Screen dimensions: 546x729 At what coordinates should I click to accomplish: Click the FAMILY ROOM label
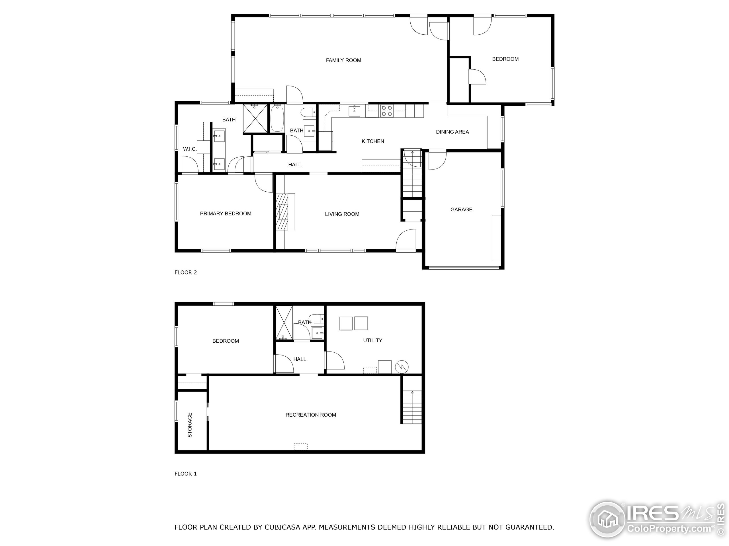(x=343, y=60)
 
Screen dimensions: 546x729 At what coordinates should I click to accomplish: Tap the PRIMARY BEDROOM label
(x=226, y=214)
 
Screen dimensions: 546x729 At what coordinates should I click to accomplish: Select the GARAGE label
(x=461, y=209)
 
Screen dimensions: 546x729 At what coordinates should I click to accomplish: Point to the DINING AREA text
(x=452, y=132)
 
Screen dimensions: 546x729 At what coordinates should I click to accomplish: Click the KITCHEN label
(x=373, y=141)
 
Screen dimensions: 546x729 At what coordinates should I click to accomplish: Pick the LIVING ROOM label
(x=342, y=214)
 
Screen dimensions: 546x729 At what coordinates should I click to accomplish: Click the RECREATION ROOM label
(x=310, y=415)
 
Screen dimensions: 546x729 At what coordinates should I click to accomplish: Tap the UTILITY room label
(x=372, y=340)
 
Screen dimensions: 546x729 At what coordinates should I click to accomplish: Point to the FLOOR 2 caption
(x=186, y=272)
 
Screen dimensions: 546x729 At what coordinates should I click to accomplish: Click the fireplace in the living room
(x=282, y=212)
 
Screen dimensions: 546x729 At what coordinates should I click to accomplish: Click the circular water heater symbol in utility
(x=402, y=366)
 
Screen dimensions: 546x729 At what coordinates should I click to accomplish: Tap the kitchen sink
(x=354, y=111)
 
